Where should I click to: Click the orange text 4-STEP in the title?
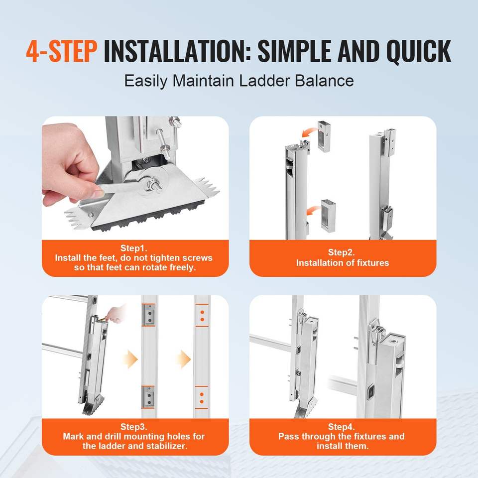pos(62,51)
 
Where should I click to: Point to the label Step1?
pos(134,248)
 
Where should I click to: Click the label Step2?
pos(342,252)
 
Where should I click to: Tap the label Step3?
pos(134,427)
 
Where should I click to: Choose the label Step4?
pos(342,427)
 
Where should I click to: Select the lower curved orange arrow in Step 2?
pos(313,210)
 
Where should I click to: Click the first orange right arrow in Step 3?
pos(131,359)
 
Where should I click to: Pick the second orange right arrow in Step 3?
pos(184,359)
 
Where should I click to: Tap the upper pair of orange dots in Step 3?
pos(202,316)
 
